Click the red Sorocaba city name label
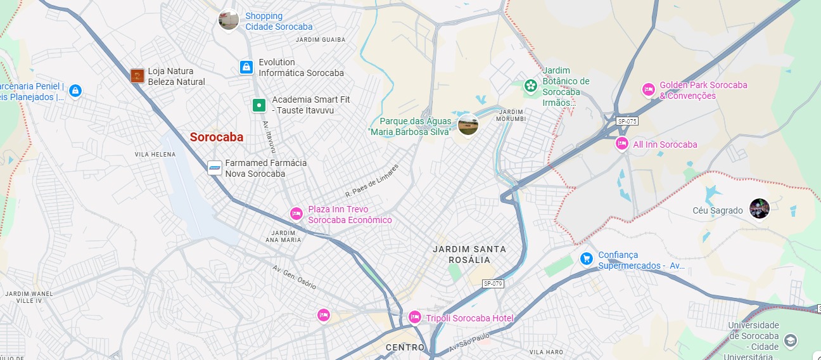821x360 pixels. point(217,137)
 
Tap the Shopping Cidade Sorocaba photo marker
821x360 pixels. point(229,20)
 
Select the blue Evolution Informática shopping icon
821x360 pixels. point(246,67)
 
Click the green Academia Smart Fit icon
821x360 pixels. point(258,105)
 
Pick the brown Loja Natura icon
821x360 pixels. point(137,76)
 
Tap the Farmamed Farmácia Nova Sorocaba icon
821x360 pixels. point(215,168)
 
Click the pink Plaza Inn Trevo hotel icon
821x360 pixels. point(296,214)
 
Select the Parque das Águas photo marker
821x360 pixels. point(468,125)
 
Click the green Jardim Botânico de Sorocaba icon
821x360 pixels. point(530,86)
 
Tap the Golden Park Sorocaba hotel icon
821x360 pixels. point(648,90)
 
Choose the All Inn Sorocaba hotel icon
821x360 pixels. point(622,145)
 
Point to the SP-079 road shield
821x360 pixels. point(492,283)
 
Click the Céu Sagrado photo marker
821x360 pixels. point(759,209)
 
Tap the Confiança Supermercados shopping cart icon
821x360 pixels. point(586,259)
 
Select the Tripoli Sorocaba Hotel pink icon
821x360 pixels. point(414,317)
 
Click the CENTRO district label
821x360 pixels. point(405,347)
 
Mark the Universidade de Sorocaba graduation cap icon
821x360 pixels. point(790,341)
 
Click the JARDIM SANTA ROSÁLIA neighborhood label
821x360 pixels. point(461,254)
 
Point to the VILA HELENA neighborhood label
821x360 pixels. point(155,155)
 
